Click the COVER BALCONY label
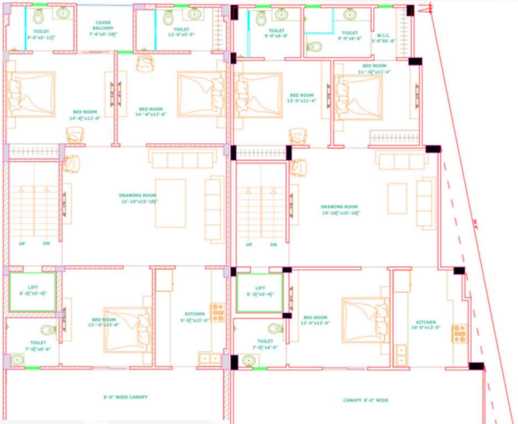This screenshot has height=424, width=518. pyautogui.click(x=103, y=28)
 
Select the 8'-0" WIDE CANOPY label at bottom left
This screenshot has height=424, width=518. pyautogui.click(x=125, y=397)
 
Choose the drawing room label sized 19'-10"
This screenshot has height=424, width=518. pyautogui.click(x=340, y=210)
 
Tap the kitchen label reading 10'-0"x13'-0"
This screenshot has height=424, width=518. pyautogui.click(x=426, y=325)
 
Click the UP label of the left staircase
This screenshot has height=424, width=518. pyautogui.click(x=22, y=243)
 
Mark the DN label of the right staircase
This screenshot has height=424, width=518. pyautogui.click(x=273, y=245)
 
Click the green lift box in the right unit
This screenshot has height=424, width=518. pyautogui.click(x=260, y=293)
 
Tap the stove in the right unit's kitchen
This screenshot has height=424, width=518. pyautogui.click(x=459, y=333)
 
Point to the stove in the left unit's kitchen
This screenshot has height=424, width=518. pyautogui.click(x=218, y=312)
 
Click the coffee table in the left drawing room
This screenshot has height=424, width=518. pyautogui.click(x=170, y=203)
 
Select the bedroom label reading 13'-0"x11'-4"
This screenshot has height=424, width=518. pyautogui.click(x=301, y=98)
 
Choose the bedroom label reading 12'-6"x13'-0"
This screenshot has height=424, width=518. pyautogui.click(x=315, y=321)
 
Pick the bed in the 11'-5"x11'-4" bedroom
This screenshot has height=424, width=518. pyautogui.click(x=359, y=97)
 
